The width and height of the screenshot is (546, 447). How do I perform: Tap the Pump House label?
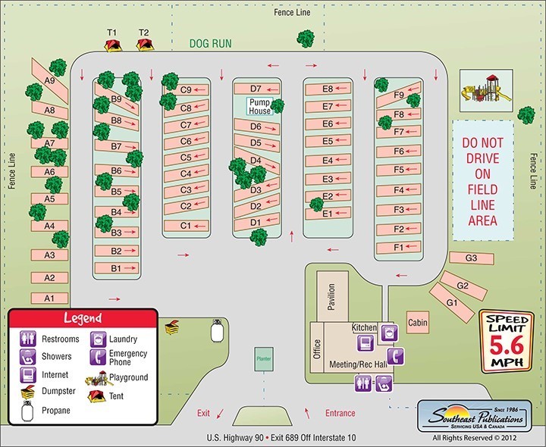259,105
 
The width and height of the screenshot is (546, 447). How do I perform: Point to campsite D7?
256,89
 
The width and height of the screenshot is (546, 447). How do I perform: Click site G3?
470,259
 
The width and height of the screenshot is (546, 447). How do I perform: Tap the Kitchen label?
364,327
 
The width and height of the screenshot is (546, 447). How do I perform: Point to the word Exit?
203,413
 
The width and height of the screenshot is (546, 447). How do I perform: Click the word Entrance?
339,413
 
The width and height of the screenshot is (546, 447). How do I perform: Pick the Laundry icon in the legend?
97,339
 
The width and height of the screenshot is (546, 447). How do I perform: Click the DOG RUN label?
211,45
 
